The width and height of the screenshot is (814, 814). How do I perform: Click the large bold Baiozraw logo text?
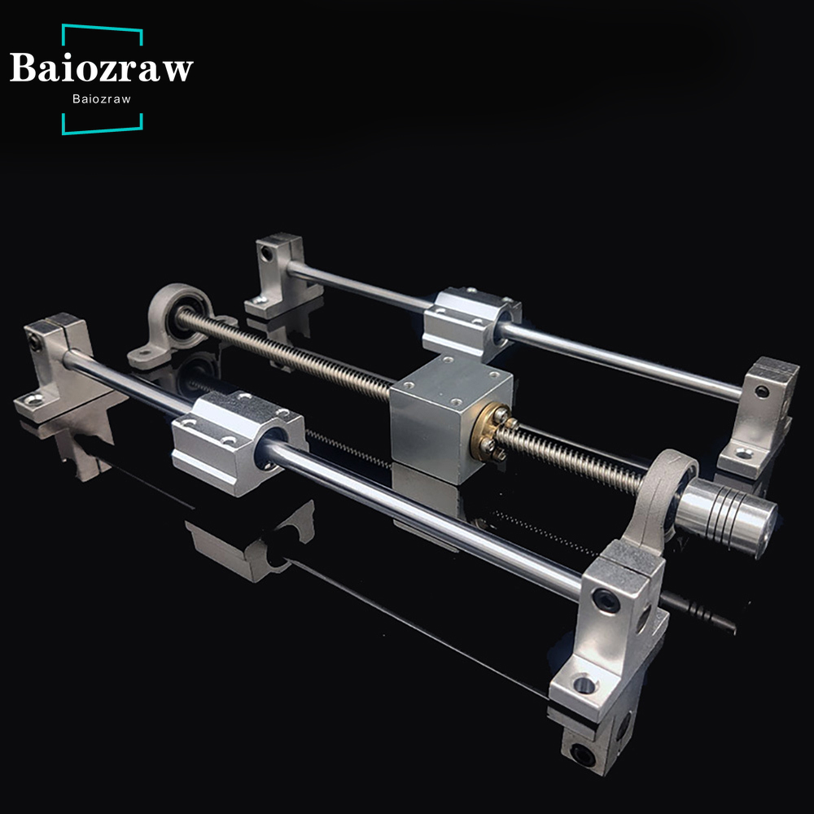click(x=101, y=68)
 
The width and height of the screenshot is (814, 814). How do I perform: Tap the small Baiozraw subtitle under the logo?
click(x=102, y=99)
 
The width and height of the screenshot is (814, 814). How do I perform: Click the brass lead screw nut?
click(x=488, y=432)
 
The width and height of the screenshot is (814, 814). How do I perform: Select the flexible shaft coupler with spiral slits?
click(x=727, y=517)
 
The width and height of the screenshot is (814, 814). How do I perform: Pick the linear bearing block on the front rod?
click(x=239, y=442)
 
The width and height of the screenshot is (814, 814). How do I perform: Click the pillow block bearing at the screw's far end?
click(x=177, y=326)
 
